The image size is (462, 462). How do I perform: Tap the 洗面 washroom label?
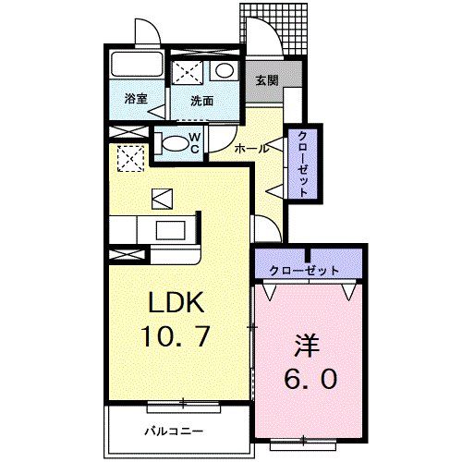(203, 101)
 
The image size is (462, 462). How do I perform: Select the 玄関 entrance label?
(267, 79)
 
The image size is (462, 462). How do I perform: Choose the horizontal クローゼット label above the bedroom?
(304, 270)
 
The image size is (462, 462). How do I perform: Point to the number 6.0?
(310, 379)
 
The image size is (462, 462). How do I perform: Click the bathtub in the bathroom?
(136, 67)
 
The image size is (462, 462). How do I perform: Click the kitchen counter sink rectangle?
(169, 229)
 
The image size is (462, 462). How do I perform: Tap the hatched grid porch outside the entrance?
(286, 28)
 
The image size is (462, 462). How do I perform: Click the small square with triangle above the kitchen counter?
(161, 197)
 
